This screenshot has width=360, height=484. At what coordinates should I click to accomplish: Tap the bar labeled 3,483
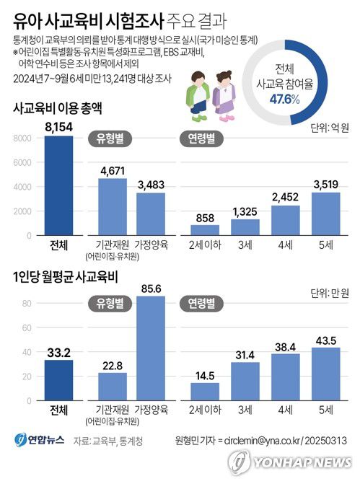(x=150, y=214)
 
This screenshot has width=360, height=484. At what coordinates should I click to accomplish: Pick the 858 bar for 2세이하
(x=205, y=230)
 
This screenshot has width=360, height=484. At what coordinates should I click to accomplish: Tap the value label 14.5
(x=205, y=375)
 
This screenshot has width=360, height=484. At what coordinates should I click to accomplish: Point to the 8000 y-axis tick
(x=22, y=138)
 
